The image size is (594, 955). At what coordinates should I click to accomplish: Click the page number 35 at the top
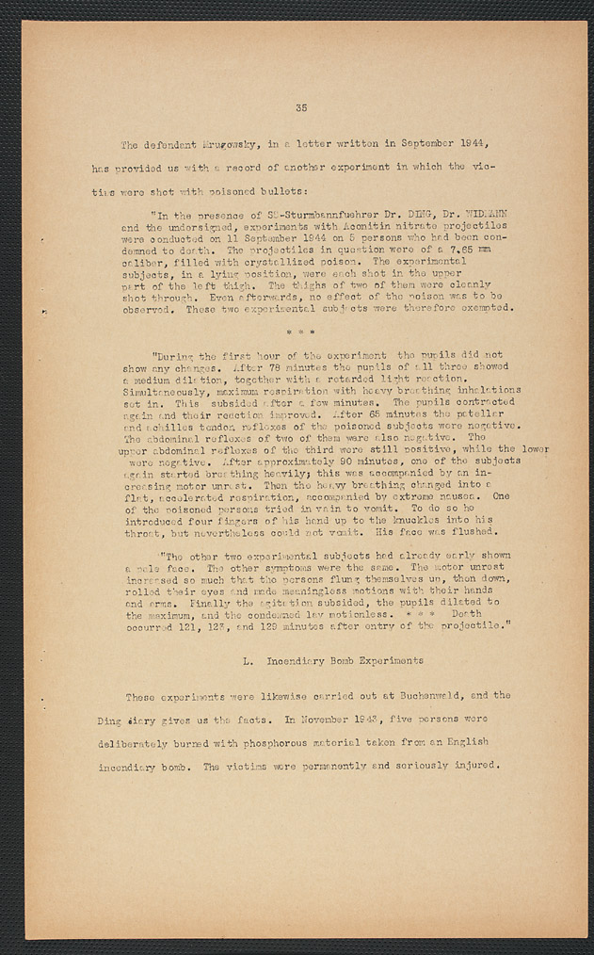[x=300, y=108]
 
